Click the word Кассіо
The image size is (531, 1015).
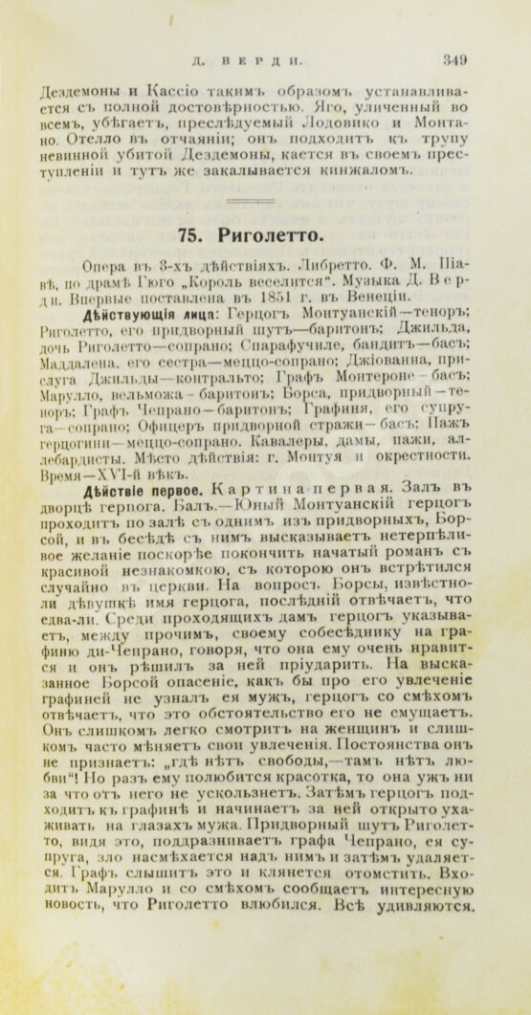tap(168, 93)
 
